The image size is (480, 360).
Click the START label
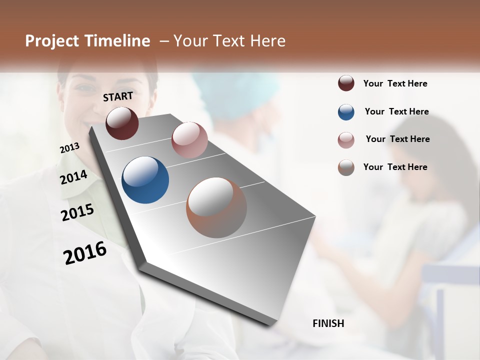(118, 96)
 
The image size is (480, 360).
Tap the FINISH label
(328, 323)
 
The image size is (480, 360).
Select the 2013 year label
(69, 148)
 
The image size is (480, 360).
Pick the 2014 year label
(73, 177)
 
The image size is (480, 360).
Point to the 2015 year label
(77, 212)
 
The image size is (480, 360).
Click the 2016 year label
(85, 252)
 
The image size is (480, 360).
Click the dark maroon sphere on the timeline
(122, 123)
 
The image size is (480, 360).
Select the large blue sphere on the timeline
(145, 180)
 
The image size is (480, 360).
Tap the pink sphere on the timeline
(189, 140)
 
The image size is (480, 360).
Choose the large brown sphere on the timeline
(216, 207)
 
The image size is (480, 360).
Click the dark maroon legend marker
(346, 83)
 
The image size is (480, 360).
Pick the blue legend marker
(346, 112)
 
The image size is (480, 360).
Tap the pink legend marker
(346, 140)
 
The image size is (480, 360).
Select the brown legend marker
(346, 167)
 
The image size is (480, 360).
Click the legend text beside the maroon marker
(395, 84)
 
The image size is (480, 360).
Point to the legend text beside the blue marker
(396, 111)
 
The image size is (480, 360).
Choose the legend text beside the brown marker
(395, 167)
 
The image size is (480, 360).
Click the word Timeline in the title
(118, 41)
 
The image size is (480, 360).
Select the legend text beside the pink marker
(397, 139)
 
